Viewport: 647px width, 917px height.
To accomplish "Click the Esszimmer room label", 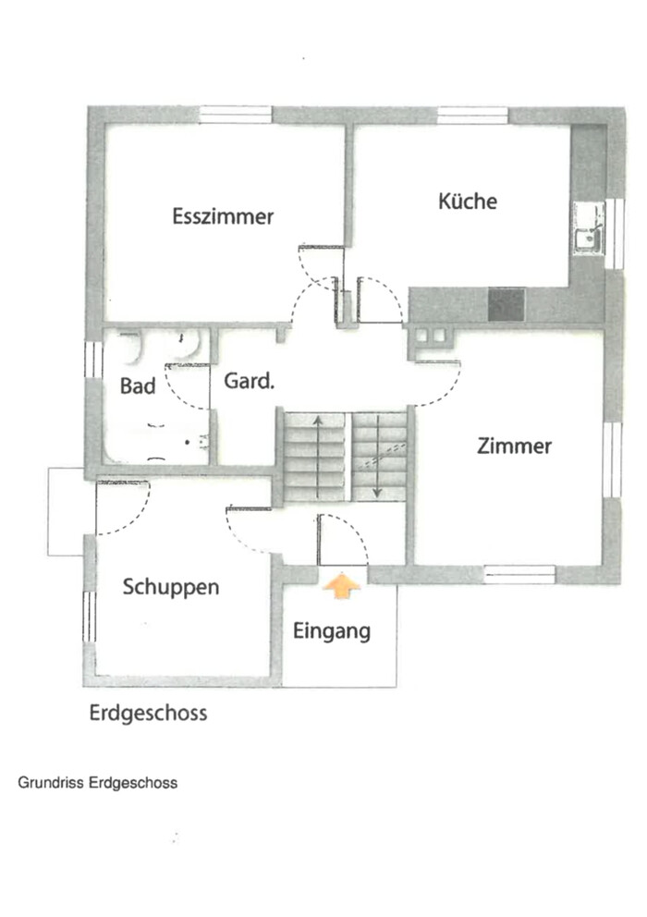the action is pos(223,216).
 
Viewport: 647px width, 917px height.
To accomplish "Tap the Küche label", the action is pos(468,201).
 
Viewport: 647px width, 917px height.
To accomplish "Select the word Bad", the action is pos(138,386).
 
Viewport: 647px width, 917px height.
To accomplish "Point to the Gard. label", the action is pos(250,381).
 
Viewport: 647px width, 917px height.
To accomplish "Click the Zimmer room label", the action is pos(514,446).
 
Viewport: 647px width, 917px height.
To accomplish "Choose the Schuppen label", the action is pos(171,587).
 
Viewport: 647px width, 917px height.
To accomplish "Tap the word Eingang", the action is pos(332,631).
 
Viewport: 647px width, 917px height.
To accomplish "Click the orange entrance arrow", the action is pos(342,586).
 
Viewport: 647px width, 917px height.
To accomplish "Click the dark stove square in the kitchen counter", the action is pos(507,305).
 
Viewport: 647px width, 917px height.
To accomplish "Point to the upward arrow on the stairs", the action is pos(318,456).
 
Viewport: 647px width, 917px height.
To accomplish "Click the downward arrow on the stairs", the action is pos(377,456).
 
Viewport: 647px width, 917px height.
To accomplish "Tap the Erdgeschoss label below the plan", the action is pos(148,714).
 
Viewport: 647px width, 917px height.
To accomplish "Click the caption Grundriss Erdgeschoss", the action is pos(98,782).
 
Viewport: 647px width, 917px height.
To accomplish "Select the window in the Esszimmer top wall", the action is pos(235,115).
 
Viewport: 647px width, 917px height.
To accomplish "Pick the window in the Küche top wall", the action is pos(472,116).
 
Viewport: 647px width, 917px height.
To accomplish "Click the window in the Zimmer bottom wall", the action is pos(519,574).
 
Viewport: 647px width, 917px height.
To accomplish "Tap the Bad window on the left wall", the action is pos(93,360).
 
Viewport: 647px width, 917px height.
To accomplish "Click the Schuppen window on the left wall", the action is pos(89,617).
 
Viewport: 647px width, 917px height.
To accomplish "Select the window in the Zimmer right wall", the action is pos(612,459).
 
